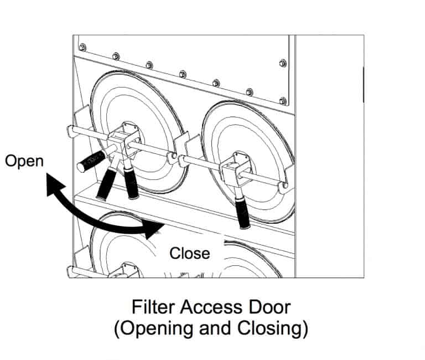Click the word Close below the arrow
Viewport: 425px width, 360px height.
pos(190,254)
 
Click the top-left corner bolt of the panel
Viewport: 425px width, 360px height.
pos(82,46)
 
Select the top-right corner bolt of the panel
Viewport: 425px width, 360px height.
pos(283,63)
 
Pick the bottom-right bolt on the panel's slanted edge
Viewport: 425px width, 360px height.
pos(283,101)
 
